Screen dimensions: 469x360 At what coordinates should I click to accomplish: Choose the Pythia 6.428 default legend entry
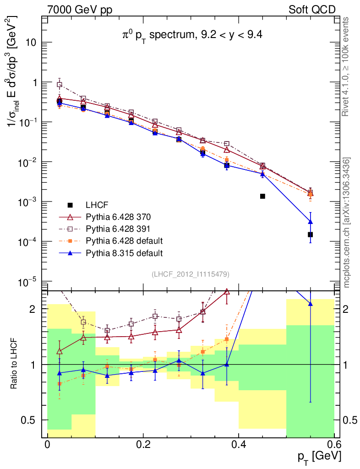click(x=124, y=240)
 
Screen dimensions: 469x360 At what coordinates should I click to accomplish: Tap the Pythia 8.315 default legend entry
click(x=124, y=252)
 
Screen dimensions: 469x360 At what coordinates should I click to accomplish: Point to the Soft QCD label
click(x=312, y=10)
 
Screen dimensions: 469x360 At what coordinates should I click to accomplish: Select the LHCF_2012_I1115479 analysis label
click(x=191, y=274)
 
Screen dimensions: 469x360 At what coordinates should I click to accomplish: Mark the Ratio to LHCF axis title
click(x=15, y=364)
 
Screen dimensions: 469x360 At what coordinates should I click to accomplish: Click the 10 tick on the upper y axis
click(x=30, y=43)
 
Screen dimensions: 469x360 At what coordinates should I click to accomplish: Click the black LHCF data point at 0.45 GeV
click(x=262, y=196)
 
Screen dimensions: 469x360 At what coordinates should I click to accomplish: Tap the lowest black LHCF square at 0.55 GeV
click(x=310, y=234)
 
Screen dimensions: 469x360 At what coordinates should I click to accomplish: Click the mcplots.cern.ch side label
click(x=347, y=222)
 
